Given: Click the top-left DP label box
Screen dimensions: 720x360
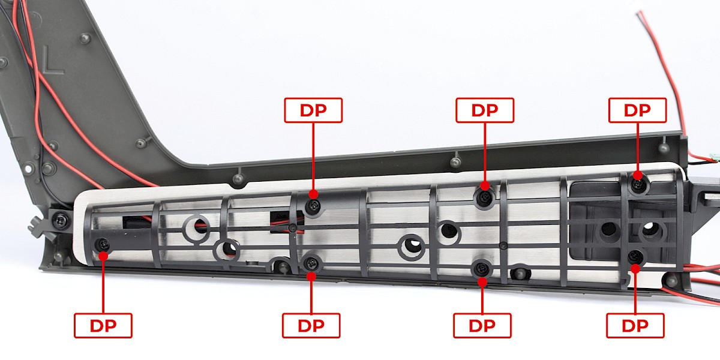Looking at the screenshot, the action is [313, 110].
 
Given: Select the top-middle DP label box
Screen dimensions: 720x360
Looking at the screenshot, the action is [485, 110].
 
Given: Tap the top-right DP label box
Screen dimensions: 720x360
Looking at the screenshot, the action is [637, 110].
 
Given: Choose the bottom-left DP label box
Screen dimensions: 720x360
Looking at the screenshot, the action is [103, 326].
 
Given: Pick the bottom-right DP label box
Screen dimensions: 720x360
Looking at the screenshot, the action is [635, 326].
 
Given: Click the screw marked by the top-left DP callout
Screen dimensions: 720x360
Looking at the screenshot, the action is [313, 205].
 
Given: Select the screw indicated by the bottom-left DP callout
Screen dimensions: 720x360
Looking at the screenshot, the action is [103, 244].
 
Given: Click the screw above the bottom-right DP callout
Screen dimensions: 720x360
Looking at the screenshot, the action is [635, 256].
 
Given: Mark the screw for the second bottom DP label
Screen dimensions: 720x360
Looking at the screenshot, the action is [311, 263].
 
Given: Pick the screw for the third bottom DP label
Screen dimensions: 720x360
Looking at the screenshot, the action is [481, 268].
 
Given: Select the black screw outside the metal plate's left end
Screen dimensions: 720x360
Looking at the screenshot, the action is [61, 220].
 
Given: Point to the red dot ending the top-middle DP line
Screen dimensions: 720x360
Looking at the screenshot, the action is [485, 185].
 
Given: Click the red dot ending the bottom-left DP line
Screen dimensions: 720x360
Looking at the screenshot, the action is [103, 256].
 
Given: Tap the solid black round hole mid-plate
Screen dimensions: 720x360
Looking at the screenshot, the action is [449, 230].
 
